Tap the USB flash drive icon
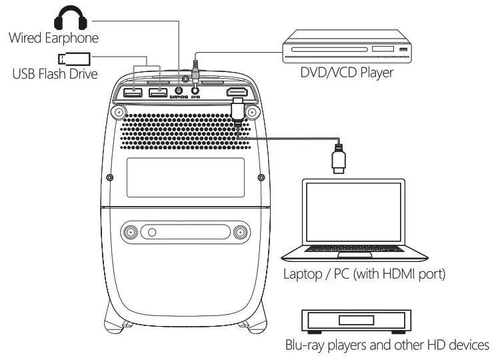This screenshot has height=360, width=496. coord(70,58)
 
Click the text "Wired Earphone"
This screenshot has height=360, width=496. coord(53,37)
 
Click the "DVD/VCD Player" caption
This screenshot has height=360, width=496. coord(346,72)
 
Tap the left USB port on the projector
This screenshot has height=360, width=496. coord(135,91)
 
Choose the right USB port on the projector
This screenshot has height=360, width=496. coord(158,91)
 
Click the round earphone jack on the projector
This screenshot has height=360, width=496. coord(179,91)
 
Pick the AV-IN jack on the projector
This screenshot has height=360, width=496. coord(195,91)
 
